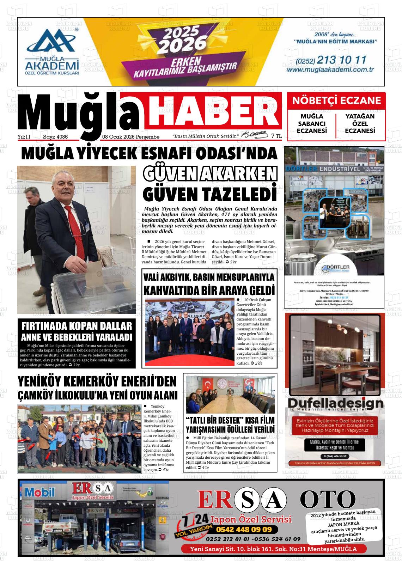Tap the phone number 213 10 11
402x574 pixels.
coord(342,60)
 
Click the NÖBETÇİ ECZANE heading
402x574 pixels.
coord(336,100)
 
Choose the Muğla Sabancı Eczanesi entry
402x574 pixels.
coord(312,123)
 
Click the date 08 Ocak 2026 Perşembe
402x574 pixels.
coord(131,137)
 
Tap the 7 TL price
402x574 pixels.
coord(276,136)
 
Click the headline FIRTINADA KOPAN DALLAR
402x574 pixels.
coord(77,326)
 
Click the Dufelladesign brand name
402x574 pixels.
coord(335,403)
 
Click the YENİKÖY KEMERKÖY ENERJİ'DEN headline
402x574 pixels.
coord(97,381)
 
